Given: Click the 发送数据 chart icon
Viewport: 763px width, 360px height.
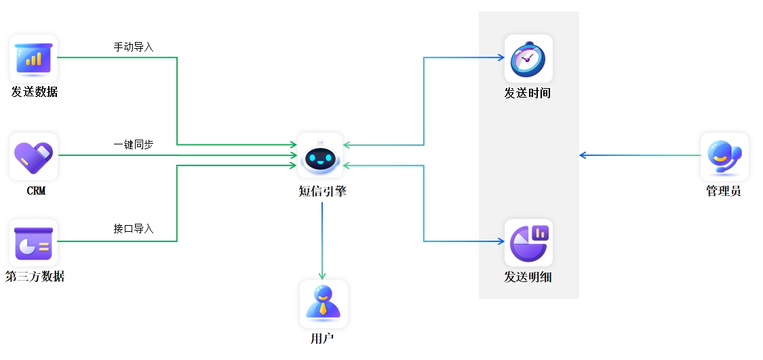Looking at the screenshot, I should point(33,58).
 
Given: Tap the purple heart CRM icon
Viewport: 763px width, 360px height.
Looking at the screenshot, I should point(33,156).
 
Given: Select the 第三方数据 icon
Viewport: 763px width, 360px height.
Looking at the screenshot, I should point(33,242).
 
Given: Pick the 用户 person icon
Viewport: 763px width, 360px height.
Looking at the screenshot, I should point(324,303).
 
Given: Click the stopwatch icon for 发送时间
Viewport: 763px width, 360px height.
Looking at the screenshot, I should point(528,58).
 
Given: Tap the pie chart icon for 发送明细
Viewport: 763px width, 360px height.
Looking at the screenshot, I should point(528,242).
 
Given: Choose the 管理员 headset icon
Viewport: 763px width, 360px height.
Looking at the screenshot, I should point(724,156).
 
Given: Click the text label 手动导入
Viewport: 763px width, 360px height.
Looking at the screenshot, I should point(134,47).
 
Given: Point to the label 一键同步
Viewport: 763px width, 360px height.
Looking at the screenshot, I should point(134,145).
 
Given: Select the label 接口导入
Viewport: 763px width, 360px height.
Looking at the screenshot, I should point(134,229).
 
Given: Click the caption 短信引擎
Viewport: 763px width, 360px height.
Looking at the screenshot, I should point(322,191).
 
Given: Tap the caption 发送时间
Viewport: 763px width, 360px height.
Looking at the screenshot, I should point(527,94).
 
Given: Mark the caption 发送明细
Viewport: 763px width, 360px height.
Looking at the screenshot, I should point(527,277).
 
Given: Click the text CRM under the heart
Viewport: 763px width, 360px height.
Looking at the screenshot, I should point(36,191).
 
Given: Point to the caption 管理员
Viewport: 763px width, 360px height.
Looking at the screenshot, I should point(724,191).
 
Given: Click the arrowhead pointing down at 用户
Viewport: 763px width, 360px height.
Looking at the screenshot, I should point(322,276).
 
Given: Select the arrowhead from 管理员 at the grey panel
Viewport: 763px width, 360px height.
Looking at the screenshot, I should point(583,155).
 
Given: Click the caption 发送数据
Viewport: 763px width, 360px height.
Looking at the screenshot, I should point(35,92).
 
